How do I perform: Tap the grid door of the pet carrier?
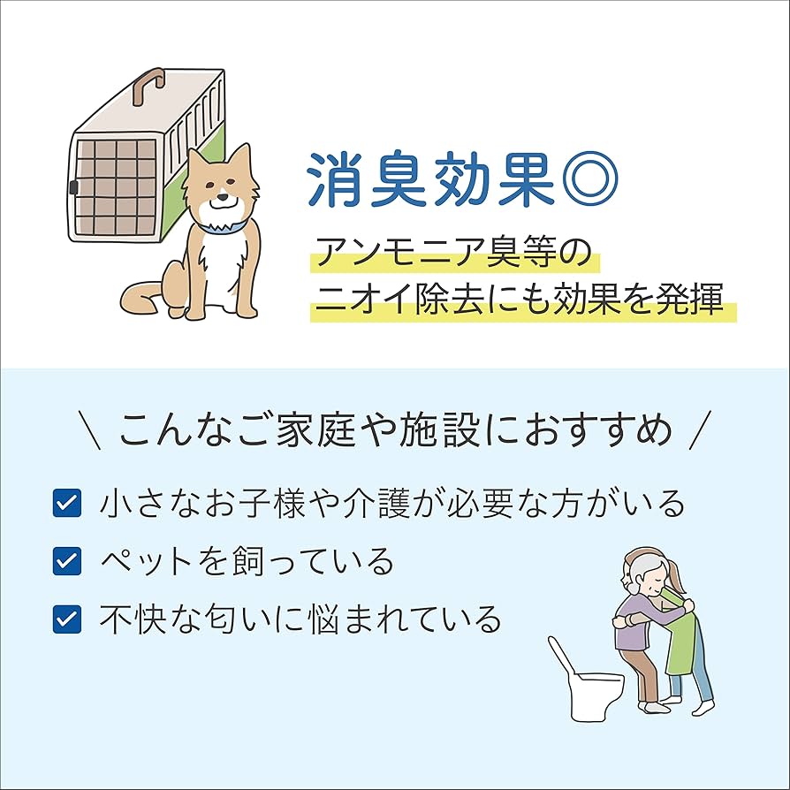[x=116, y=188]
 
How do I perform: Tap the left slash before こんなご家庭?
[x=88, y=431]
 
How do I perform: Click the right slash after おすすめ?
[x=700, y=431]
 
